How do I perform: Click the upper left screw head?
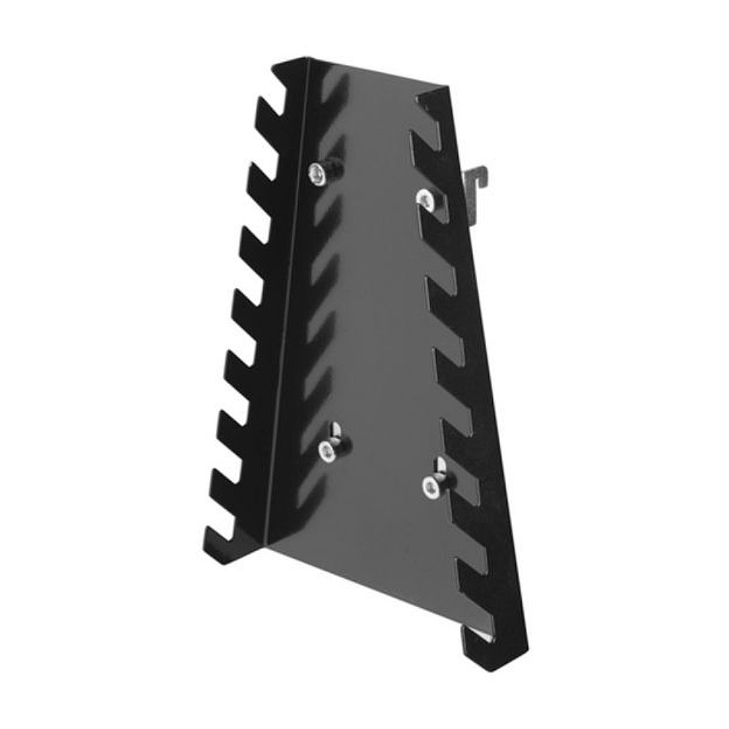click(317, 173)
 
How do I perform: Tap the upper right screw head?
click(424, 197)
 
